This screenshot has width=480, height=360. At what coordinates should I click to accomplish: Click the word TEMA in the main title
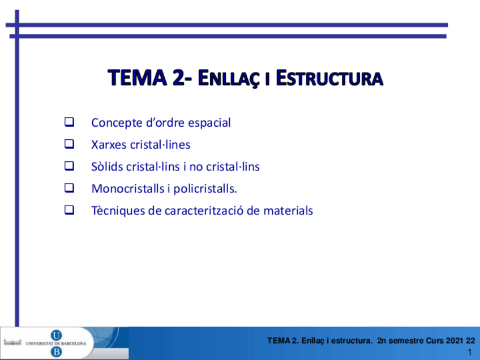[138, 78]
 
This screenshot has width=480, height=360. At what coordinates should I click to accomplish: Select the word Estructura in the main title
[329, 78]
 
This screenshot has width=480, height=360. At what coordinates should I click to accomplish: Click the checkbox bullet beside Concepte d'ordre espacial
[69, 122]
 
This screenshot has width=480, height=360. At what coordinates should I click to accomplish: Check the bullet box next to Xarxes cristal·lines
[69, 144]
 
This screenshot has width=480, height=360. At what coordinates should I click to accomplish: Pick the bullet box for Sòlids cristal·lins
[69, 166]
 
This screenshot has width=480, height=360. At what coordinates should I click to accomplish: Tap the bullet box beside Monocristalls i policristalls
[69, 188]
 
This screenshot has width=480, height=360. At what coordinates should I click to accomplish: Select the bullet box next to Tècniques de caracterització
[69, 210]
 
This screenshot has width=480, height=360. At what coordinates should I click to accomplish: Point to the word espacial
[209, 123]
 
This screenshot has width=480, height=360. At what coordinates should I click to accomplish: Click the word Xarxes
[109, 144]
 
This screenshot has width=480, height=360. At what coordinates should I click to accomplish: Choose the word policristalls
[205, 189]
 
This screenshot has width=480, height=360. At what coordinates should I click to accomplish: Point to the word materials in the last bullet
[288, 211]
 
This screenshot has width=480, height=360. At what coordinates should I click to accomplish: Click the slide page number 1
[470, 352]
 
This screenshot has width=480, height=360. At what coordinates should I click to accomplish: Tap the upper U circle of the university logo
[56, 336]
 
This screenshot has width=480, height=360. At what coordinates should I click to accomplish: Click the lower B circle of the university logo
[56, 352]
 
